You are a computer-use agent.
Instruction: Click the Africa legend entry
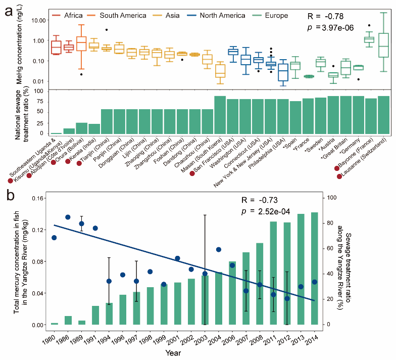point(70,15)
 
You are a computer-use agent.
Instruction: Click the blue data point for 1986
point(68,217)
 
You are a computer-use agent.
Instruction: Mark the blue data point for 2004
point(219,249)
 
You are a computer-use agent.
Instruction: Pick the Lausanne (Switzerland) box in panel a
point(384,46)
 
